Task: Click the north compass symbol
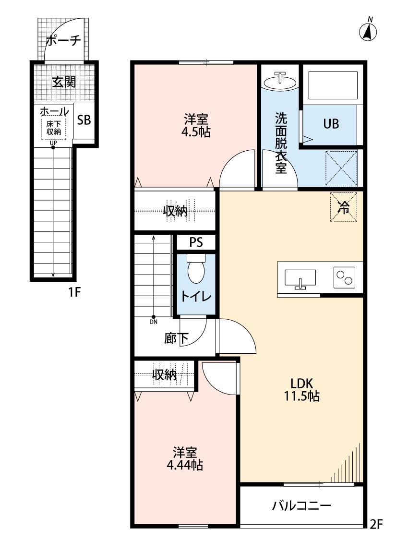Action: (x=368, y=32)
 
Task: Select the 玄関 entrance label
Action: (x=64, y=82)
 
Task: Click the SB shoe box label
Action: (x=84, y=120)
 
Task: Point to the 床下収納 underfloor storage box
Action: (x=53, y=128)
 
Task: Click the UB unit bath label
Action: (x=330, y=124)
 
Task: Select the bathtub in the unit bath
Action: (x=333, y=85)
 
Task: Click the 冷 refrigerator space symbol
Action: (x=344, y=207)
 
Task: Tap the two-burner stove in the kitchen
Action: (x=344, y=277)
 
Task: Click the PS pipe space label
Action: (x=195, y=242)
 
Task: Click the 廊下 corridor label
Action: (x=176, y=338)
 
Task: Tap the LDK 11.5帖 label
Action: (x=301, y=390)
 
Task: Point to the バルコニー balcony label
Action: (x=301, y=505)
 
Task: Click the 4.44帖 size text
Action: (x=184, y=465)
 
